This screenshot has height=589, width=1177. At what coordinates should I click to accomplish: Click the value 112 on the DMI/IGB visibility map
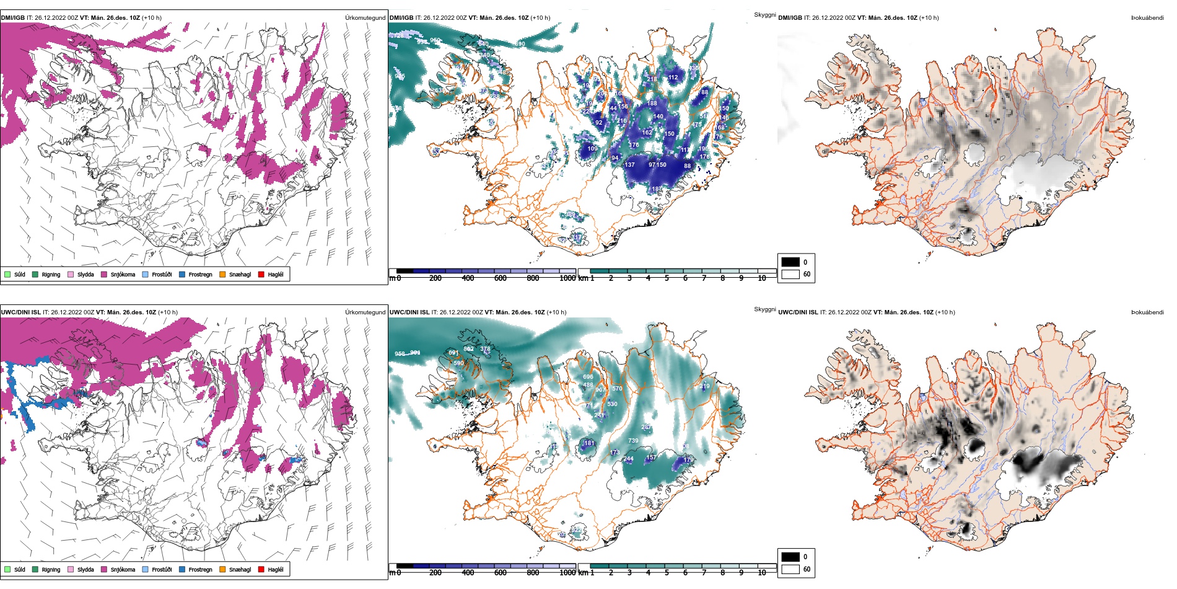pos(673,77)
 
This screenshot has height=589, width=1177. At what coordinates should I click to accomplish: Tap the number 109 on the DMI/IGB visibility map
pos(593,149)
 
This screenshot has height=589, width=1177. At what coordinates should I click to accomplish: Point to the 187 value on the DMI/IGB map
pos(657,189)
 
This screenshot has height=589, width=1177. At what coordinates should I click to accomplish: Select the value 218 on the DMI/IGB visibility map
pos(621,121)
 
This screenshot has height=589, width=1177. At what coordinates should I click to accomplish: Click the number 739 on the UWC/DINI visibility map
pos(633,441)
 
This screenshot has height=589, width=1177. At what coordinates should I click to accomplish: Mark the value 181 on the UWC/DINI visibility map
pos(589,443)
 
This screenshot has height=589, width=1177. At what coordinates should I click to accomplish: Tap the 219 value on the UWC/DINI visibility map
pos(705,386)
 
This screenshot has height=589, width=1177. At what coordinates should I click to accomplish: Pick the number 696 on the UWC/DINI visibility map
pos(588,377)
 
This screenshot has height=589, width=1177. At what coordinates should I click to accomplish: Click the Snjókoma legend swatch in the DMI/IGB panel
pos(104,274)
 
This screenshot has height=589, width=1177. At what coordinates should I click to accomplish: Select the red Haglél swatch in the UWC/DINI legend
pos(261,569)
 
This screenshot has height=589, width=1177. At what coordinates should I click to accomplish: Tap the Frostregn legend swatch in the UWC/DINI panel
pos(182,569)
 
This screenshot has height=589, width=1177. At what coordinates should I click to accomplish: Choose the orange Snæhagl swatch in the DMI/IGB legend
pos(222,274)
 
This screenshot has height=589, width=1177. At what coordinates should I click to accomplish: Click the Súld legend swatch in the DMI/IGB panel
pos(7,274)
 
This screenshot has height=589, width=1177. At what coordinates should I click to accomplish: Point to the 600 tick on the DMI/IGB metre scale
pos(501,278)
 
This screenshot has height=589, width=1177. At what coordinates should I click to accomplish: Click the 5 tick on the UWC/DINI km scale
pos(667,573)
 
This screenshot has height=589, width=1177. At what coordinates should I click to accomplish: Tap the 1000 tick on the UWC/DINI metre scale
pos(567,573)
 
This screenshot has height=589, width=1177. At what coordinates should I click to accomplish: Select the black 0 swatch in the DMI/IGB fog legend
pos(790,262)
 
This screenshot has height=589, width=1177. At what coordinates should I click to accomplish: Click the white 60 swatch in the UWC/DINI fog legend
pos(790,569)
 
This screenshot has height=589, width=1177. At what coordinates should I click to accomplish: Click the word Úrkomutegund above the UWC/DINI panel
pos(365,312)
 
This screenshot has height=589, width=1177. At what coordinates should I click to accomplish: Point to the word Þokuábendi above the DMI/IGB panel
pos(1147,18)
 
